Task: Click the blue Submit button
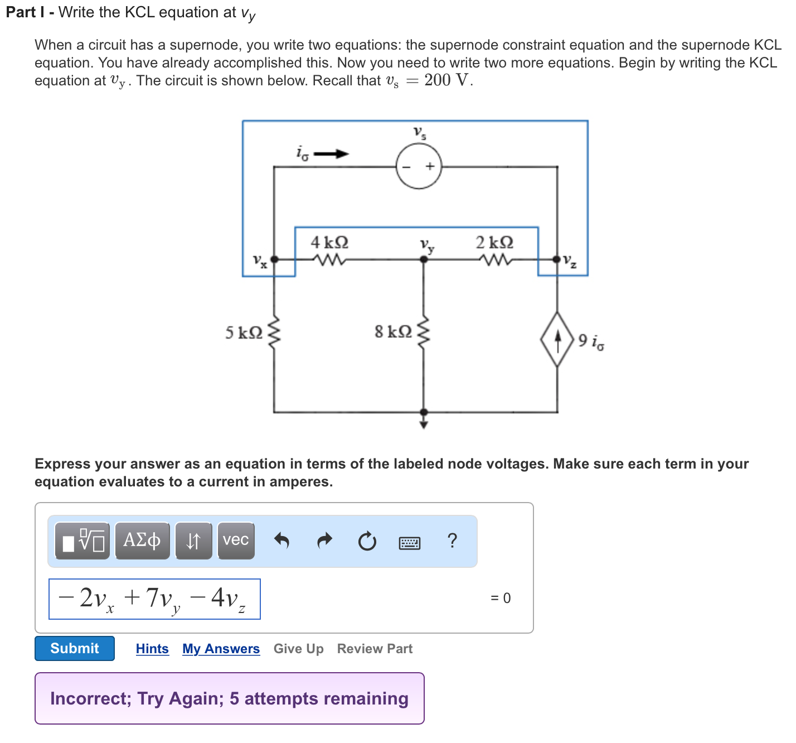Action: [x=75, y=648]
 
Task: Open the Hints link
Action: [x=152, y=649]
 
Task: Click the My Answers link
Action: [x=221, y=649]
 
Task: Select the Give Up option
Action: [x=298, y=649]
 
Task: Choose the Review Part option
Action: [x=375, y=649]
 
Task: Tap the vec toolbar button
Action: [x=236, y=540]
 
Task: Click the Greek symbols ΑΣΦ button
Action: [x=142, y=540]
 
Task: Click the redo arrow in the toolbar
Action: [x=324, y=540]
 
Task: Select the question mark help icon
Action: [x=452, y=540]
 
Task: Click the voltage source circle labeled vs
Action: [x=419, y=166]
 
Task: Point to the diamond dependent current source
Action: [x=557, y=339]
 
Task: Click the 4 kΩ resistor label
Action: [x=329, y=243]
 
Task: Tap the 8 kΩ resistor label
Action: [x=394, y=332]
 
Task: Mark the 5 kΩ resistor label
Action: [x=244, y=333]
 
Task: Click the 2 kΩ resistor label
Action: [x=494, y=243]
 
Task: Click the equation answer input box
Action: [x=154, y=599]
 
